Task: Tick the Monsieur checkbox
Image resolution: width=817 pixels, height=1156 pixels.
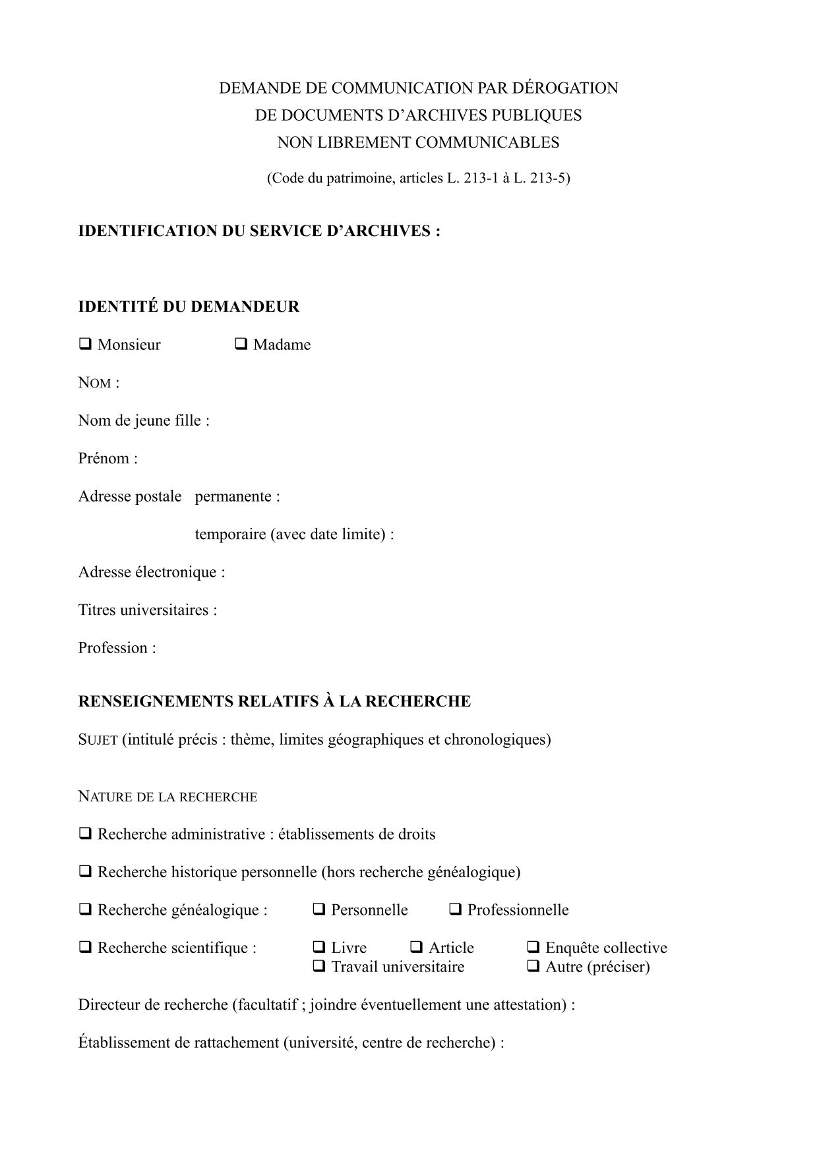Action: [x=85, y=344]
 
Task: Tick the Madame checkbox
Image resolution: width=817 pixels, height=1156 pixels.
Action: [x=241, y=344]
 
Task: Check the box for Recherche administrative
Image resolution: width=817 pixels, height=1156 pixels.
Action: [x=85, y=834]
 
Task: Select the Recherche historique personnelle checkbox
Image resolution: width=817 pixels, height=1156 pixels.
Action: [x=85, y=871]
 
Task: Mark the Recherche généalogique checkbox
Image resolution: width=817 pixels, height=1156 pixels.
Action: [x=85, y=910]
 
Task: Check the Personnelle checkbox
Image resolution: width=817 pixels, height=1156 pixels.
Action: [x=319, y=910]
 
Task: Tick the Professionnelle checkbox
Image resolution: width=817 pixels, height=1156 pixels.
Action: [x=455, y=910]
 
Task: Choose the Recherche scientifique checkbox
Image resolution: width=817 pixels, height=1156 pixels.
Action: [x=85, y=947]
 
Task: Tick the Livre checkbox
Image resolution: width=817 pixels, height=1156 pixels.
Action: [x=319, y=947]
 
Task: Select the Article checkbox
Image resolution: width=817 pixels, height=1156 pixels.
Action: [x=417, y=947]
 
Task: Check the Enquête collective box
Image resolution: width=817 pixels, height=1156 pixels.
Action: [x=533, y=947]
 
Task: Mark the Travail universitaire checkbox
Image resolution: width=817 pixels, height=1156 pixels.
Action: [x=319, y=966]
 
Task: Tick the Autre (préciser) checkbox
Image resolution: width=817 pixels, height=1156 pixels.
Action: [x=533, y=966]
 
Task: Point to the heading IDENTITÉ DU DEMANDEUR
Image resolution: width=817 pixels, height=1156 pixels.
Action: [x=189, y=306]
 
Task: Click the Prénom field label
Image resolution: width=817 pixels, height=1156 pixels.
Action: [x=107, y=458]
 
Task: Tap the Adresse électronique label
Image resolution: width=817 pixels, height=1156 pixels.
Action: [x=151, y=571]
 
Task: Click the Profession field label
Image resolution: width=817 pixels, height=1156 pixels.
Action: [x=117, y=647]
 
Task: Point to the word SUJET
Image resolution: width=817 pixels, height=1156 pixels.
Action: [x=98, y=739]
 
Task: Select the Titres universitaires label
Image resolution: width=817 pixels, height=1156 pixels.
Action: [x=147, y=610]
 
